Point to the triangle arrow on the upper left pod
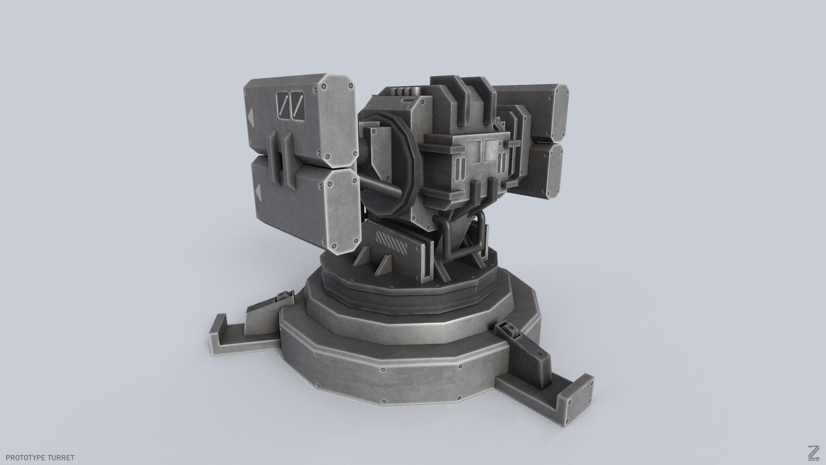pyautogui.click(x=250, y=115)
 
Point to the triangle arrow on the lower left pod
pyautogui.click(x=258, y=190)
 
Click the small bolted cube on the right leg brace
pyautogui.click(x=510, y=330)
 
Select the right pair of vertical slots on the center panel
pyautogui.click(x=502, y=165)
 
